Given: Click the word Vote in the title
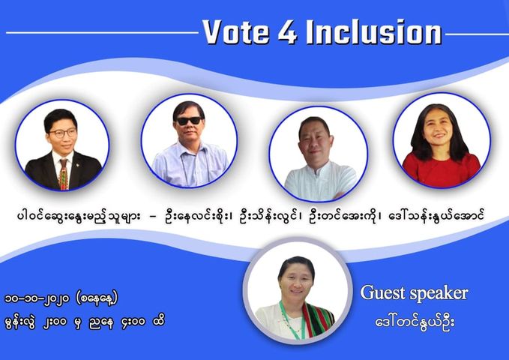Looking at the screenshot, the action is [x=236, y=32].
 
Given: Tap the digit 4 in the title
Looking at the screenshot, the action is [x=287, y=32].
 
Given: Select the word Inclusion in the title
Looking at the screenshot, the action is [x=374, y=32].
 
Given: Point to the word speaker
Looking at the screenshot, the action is [x=439, y=294].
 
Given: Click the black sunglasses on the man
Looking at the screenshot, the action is [x=189, y=121].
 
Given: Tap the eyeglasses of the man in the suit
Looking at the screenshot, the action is [x=63, y=133].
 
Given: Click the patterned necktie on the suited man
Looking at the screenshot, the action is [x=64, y=174].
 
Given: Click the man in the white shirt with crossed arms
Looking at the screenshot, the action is [x=319, y=158].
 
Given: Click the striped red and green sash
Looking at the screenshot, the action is [x=318, y=320].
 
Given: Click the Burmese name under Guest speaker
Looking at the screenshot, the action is [x=415, y=322].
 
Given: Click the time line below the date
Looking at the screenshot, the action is [x=85, y=322].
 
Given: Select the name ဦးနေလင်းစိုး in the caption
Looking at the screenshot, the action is [x=199, y=216].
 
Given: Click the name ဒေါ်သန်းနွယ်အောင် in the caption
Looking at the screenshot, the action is [x=436, y=215].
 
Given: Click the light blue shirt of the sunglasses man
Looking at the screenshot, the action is [x=190, y=165].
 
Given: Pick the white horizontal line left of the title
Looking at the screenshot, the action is [x=102, y=32].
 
